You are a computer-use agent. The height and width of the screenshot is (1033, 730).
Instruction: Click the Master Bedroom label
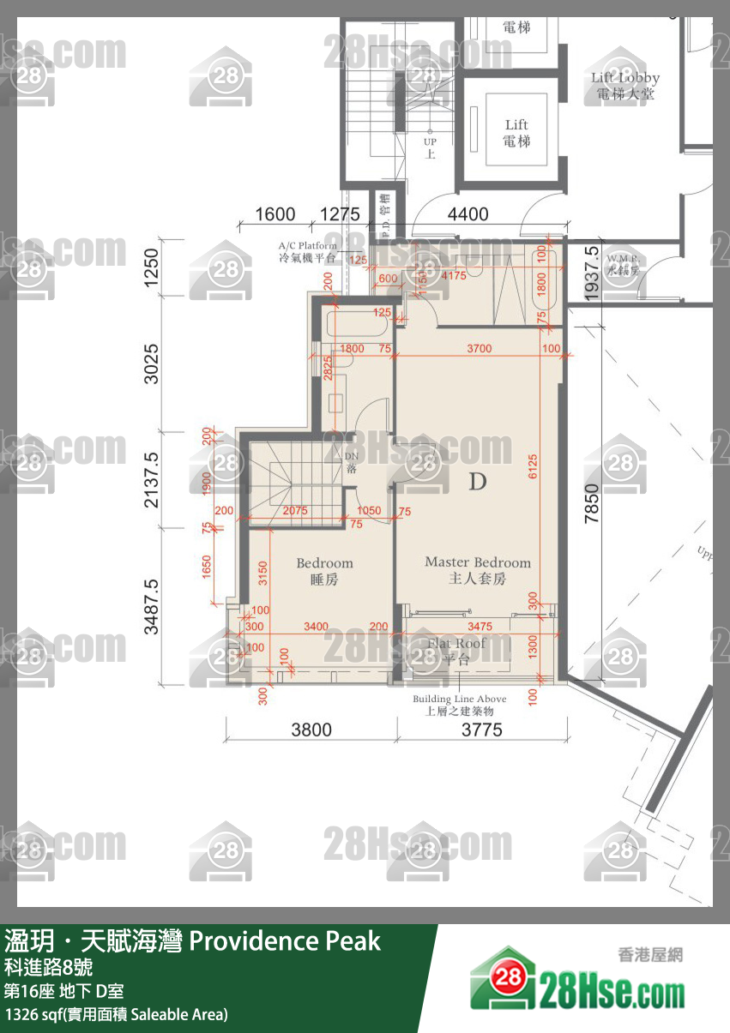pyautogui.click(x=478, y=570)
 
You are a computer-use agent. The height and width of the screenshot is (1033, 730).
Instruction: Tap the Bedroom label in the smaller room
pyautogui.click(x=324, y=571)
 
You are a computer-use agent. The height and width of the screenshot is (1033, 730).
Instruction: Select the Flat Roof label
pyautogui.click(x=457, y=651)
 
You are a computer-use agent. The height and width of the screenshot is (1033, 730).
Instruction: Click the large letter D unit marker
pyautogui.click(x=478, y=482)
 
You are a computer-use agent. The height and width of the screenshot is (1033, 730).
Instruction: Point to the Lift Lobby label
pyautogui.click(x=625, y=86)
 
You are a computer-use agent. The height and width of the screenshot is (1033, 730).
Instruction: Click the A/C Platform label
pyautogui.click(x=307, y=250)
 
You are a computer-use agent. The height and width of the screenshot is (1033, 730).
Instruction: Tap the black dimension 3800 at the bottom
pyautogui.click(x=311, y=730)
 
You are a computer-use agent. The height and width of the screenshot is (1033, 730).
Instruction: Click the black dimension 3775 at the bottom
pyautogui.click(x=481, y=730)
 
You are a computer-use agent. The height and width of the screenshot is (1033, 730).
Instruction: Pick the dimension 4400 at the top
pyautogui.click(x=467, y=214)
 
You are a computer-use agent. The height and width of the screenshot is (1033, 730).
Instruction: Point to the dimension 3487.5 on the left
pyautogui.click(x=151, y=605)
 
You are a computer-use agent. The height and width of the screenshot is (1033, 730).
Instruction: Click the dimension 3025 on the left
pyautogui.click(x=151, y=364)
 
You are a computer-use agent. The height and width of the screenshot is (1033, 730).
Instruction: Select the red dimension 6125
pyautogui.click(x=533, y=466)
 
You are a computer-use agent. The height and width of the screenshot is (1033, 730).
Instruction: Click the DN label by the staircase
pyautogui.click(x=351, y=464)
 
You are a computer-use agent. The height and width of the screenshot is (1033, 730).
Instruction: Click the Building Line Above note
pyautogui.click(x=459, y=705)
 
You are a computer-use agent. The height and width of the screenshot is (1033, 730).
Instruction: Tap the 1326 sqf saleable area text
pyautogui.click(x=117, y=1014)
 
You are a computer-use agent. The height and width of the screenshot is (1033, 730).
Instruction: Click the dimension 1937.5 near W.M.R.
pyautogui.click(x=590, y=273)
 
